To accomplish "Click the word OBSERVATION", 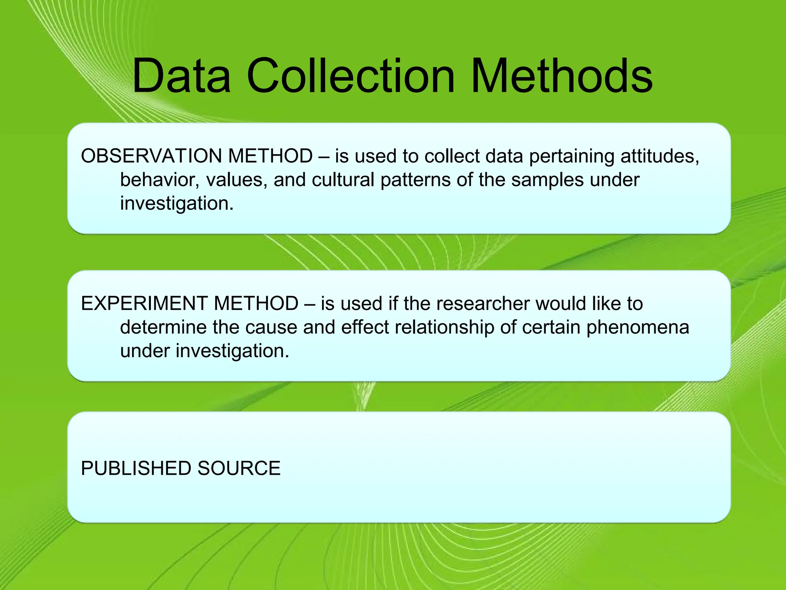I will click(x=151, y=156).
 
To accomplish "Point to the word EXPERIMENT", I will click(x=142, y=303).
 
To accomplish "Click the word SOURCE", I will click(x=239, y=468).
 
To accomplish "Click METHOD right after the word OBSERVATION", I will click(x=270, y=156).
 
